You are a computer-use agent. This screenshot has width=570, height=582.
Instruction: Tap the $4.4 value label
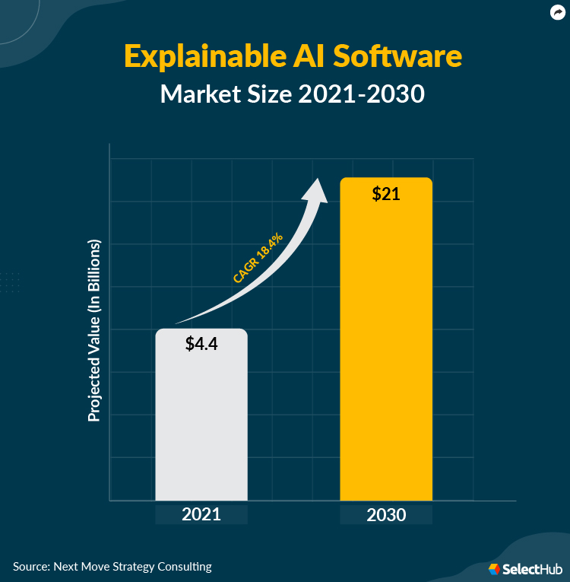(x=201, y=343)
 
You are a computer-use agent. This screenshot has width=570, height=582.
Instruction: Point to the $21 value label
(x=386, y=193)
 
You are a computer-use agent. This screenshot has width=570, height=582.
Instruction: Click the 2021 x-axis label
(x=201, y=514)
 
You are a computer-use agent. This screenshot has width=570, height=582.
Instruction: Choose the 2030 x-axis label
(x=386, y=514)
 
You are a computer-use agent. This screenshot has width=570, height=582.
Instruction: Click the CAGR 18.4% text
(x=258, y=259)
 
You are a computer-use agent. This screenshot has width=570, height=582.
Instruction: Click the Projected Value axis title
(x=94, y=331)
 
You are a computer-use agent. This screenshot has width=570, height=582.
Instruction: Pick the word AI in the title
(x=309, y=57)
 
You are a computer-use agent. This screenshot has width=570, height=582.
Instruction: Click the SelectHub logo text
(x=531, y=569)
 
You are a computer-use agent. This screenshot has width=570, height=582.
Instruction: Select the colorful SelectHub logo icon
(x=495, y=569)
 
